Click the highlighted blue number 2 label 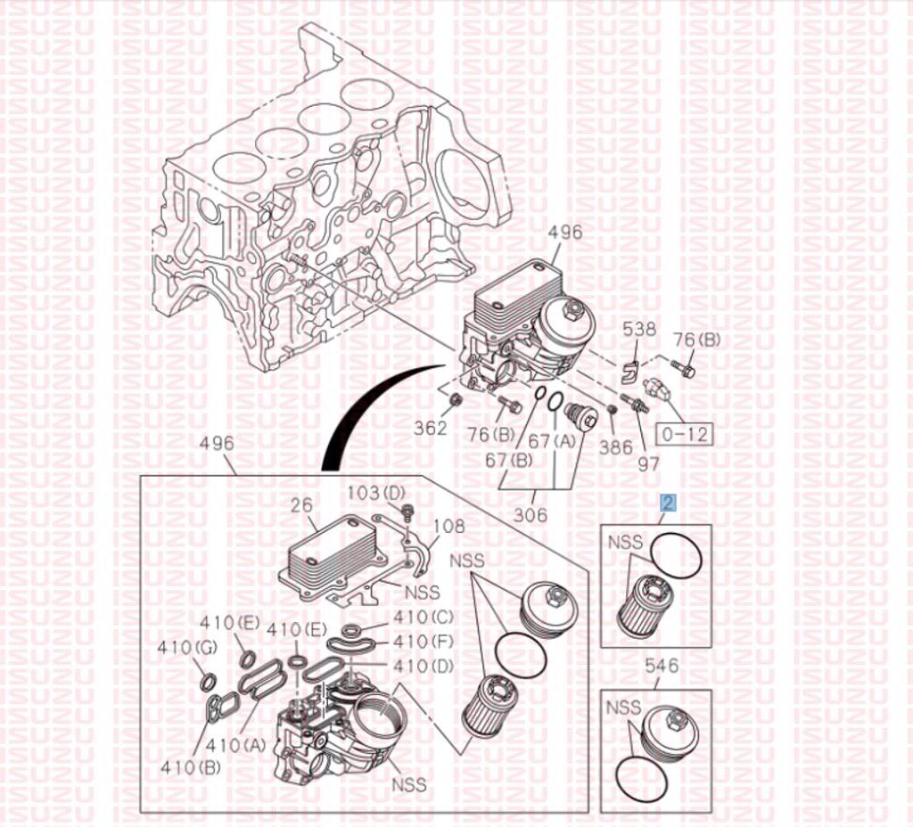tap(669, 503)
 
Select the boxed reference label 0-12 tap(685, 434)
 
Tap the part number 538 tap(638, 330)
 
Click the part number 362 tap(431, 428)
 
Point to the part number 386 tap(616, 446)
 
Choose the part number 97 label tap(649, 463)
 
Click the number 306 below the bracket tap(531, 514)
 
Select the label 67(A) tap(552, 441)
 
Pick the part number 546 tap(662, 665)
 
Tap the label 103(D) tap(376, 492)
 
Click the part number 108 tap(449, 526)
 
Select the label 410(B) tap(191, 767)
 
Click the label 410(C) tap(424, 617)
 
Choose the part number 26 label tap(302, 504)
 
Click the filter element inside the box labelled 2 tap(640, 605)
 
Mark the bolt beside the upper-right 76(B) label tap(684, 367)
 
